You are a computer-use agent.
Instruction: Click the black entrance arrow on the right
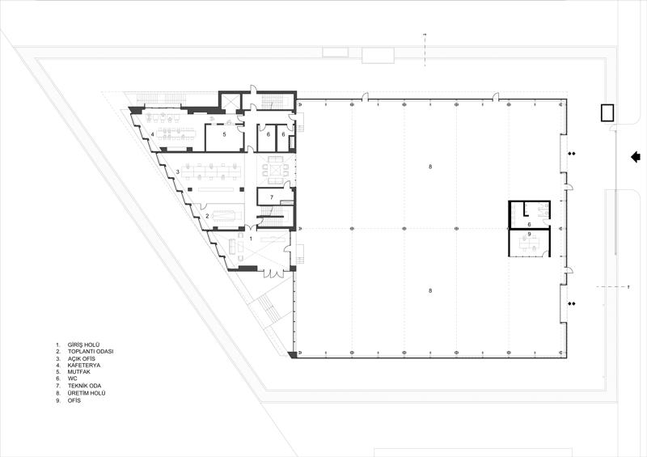pos(635,157)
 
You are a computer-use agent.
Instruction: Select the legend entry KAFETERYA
pos(84,366)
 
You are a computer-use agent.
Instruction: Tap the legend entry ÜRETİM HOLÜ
pos(87,393)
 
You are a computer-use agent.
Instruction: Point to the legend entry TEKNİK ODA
pos(85,386)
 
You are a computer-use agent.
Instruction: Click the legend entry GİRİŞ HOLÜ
pos(84,345)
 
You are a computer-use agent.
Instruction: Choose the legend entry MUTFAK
pos(79,372)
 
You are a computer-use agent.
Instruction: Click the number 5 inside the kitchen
pos(225,134)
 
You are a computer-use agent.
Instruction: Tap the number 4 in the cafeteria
pos(152,134)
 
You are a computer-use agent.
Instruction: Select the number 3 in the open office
pos(177,171)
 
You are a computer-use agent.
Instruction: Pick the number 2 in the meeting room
pos(207,216)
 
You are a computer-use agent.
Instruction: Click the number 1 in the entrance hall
pos(251,239)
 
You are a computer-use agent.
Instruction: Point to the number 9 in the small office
pos(530,234)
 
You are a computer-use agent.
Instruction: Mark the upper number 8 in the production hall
pos(430,167)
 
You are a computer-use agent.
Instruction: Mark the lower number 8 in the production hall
pos(430,290)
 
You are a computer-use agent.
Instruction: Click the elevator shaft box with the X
pos(228,102)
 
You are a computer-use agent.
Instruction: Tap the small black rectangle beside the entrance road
pos(607,112)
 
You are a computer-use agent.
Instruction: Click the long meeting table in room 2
pos(226,215)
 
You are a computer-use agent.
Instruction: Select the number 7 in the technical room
pos(272,197)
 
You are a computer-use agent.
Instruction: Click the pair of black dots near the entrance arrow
pos(572,154)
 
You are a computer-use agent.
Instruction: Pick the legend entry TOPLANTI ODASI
pos(91,352)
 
